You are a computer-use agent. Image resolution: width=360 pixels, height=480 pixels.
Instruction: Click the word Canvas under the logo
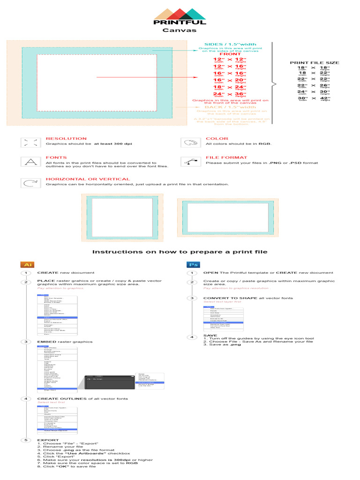[x=180, y=30]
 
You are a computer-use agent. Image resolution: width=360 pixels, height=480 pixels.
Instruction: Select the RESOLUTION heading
[x=66, y=139]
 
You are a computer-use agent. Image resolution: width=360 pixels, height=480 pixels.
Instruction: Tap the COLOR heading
[x=217, y=139]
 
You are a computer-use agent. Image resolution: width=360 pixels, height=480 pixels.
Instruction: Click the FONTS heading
[x=56, y=158]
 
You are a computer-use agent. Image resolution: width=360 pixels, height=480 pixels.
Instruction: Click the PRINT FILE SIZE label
[x=315, y=62]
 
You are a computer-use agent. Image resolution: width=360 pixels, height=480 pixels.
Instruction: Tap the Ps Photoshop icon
[x=192, y=264]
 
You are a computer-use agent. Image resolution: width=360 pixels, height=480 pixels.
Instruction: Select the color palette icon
[x=190, y=143]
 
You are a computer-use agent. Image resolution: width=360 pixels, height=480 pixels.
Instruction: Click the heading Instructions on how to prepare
[x=180, y=252]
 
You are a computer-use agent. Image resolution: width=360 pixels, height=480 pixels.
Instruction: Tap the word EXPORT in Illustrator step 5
[x=48, y=440]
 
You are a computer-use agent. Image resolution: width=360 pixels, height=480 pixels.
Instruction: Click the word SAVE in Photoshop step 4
[x=210, y=336]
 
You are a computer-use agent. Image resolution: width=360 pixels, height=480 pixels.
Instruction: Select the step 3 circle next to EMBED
[x=27, y=342]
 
